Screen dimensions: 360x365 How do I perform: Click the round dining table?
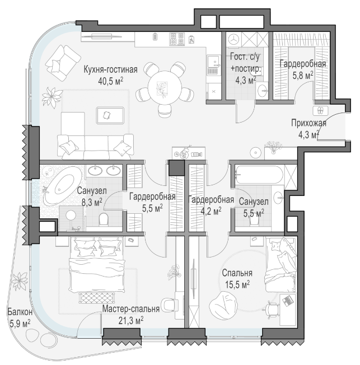point(165,87)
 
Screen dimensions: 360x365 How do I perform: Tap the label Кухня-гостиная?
point(111,69)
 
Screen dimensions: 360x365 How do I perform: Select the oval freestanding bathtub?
point(62,186)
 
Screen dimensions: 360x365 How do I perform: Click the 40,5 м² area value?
point(111,81)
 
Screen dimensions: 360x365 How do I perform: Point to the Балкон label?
point(20,312)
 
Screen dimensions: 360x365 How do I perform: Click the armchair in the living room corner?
point(63,63)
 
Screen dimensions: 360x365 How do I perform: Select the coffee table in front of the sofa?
point(110,115)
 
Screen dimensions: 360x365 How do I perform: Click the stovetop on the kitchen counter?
point(177,39)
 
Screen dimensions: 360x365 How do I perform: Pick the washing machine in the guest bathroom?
point(233,39)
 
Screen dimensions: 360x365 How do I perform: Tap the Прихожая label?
point(308,123)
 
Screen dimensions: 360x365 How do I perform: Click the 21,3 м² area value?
point(131,321)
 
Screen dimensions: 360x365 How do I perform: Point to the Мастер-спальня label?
point(131,309)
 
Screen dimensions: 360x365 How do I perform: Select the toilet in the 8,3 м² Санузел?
point(104,219)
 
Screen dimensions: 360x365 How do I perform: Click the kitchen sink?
point(213,62)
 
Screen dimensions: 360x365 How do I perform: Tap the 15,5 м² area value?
point(237,284)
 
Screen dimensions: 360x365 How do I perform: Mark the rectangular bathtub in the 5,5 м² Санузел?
point(259,175)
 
